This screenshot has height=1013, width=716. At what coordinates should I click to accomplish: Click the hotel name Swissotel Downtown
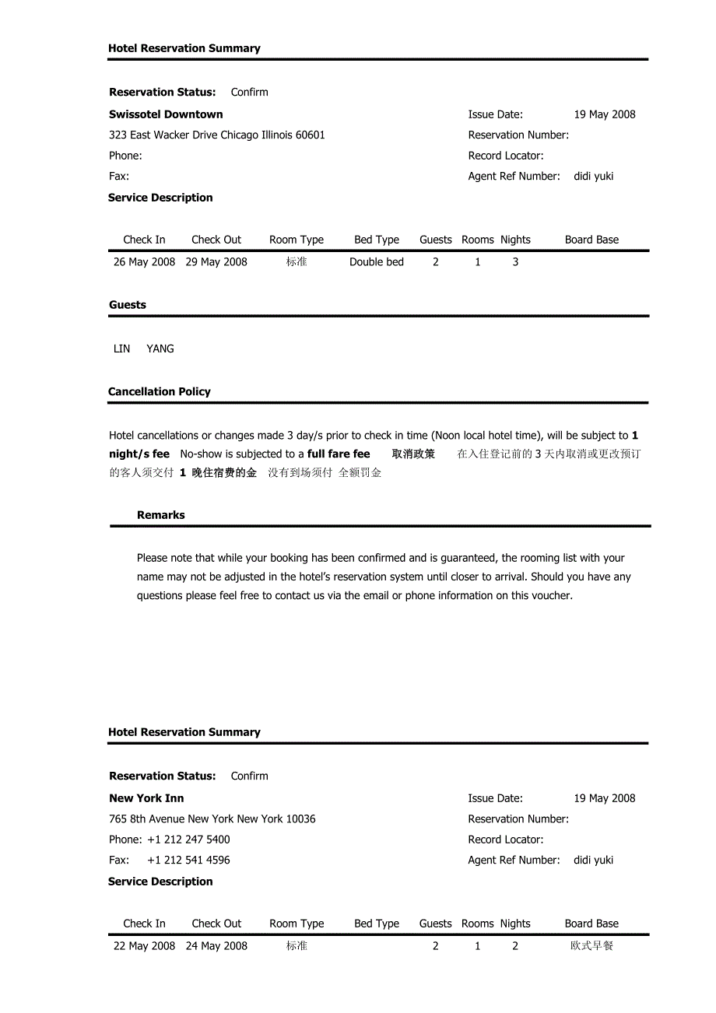(x=166, y=114)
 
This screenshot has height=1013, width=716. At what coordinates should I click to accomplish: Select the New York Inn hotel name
(x=146, y=798)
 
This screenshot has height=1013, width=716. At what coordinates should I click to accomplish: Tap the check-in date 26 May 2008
(x=144, y=262)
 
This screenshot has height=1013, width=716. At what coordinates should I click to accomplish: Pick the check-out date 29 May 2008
(x=216, y=262)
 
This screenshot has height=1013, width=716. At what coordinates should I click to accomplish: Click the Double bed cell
(x=377, y=262)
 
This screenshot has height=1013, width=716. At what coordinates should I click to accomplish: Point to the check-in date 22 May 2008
(x=144, y=946)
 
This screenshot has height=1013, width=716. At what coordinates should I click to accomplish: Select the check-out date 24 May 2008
(x=216, y=946)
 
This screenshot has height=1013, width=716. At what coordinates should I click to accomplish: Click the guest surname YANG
(x=160, y=349)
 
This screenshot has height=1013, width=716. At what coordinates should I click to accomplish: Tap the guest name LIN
(x=122, y=349)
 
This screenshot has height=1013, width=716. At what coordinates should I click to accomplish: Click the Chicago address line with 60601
(x=217, y=135)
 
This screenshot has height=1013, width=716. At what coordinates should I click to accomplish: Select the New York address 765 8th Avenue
(x=212, y=819)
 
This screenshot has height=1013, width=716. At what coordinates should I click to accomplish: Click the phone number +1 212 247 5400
(x=188, y=839)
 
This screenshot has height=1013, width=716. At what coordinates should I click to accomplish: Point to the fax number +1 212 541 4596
(x=188, y=861)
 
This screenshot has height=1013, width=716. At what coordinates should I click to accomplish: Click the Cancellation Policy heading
(x=160, y=391)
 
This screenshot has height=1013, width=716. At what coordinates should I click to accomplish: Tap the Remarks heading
(x=161, y=515)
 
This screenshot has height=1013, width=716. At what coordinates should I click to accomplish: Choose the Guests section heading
(x=128, y=305)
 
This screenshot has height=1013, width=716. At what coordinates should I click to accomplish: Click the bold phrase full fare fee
(x=339, y=454)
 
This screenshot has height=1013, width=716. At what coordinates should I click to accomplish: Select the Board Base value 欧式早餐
(x=591, y=946)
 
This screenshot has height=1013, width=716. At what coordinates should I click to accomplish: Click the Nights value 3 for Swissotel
(x=515, y=262)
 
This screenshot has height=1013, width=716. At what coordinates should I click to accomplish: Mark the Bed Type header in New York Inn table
(x=377, y=924)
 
